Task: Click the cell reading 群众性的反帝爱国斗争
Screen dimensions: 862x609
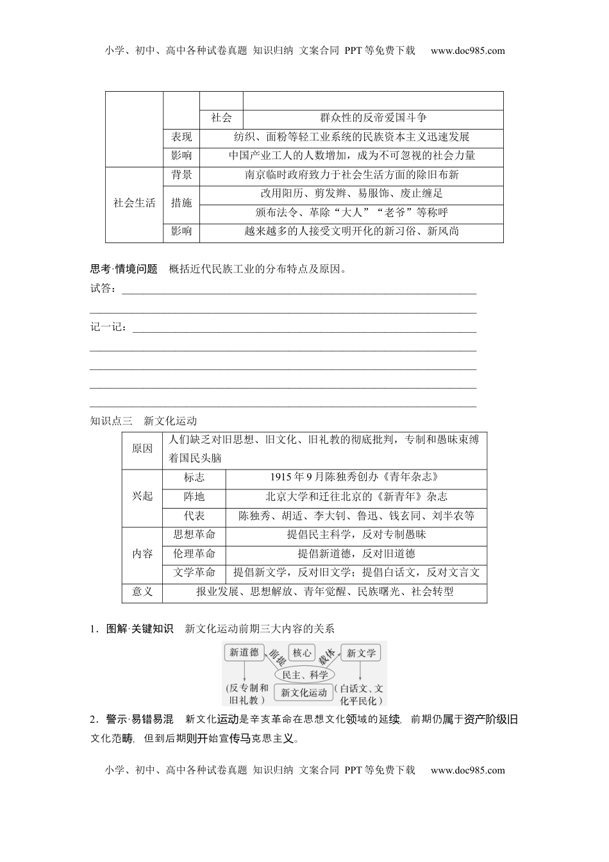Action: tap(373, 118)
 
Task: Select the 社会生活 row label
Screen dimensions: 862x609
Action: tap(134, 203)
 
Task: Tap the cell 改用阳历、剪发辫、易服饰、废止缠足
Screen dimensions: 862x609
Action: tap(351, 194)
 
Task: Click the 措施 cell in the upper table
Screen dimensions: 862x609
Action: tap(181, 203)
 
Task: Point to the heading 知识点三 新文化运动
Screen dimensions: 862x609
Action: tap(144, 421)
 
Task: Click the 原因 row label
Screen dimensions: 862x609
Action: tap(142, 449)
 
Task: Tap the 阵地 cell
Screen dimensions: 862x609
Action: tap(194, 496)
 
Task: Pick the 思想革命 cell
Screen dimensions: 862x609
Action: tap(194, 535)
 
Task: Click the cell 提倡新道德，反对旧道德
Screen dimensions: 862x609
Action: tap(356, 554)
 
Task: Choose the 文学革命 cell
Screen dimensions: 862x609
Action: tap(194, 573)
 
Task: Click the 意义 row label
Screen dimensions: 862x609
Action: tap(142, 592)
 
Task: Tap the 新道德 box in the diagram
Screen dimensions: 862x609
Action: tap(244, 652)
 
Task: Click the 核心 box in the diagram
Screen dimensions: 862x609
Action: tap(301, 653)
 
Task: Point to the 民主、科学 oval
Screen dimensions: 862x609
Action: tap(305, 675)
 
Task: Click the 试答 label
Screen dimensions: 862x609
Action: tap(103, 289)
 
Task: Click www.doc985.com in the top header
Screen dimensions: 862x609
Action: tap(468, 51)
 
